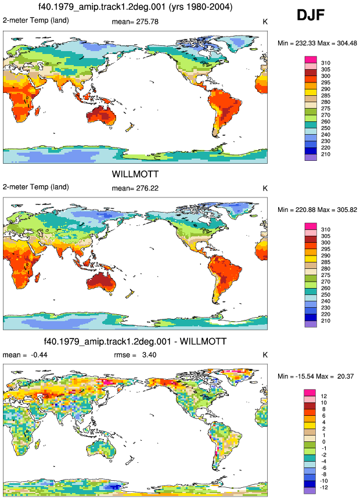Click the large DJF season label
point(311,15)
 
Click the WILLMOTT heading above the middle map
point(135,174)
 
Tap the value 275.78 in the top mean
point(147,21)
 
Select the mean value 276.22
point(147,188)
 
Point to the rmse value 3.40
point(149,355)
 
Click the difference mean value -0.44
point(39,355)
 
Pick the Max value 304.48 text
point(346,43)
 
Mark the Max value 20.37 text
point(345,376)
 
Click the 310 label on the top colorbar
point(326,63)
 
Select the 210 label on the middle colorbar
point(326,321)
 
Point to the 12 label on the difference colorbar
point(323,396)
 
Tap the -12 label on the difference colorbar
point(323,487)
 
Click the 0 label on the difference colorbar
point(323,442)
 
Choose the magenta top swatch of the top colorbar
point(311,60)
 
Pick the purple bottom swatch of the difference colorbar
point(309,491)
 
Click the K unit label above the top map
point(265,21)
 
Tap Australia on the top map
point(102,116)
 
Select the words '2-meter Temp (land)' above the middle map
point(36,187)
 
